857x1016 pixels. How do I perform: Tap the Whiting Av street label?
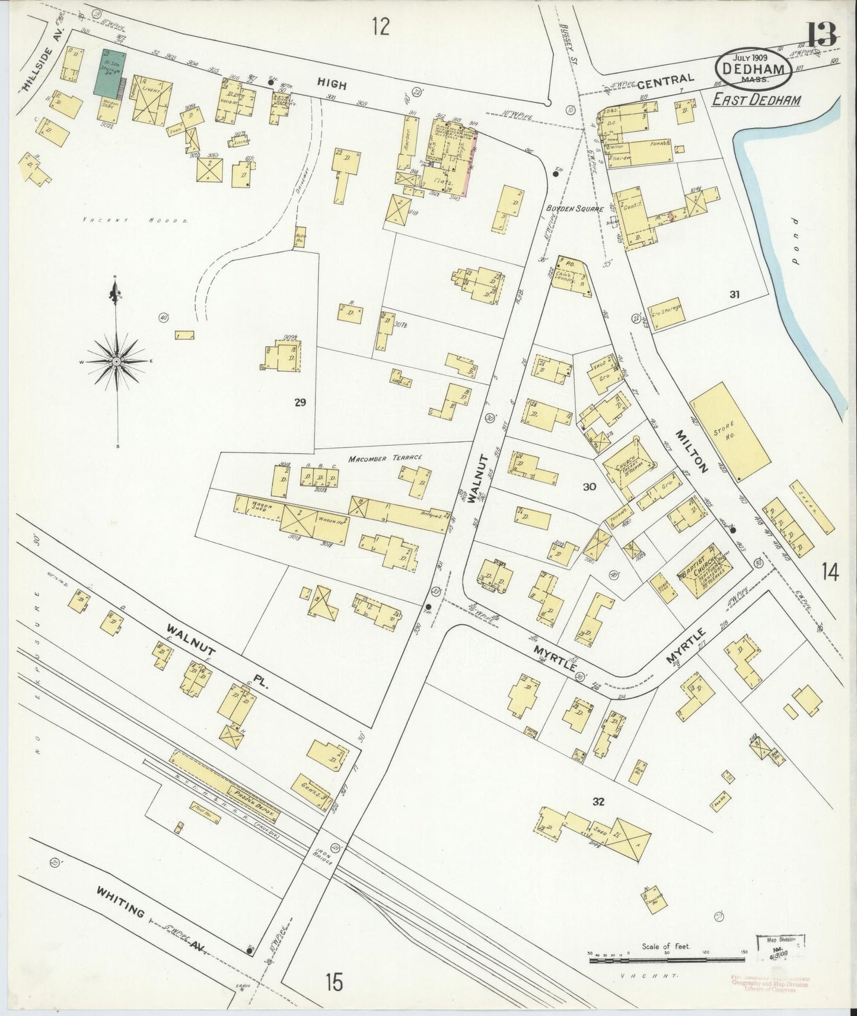click(152, 929)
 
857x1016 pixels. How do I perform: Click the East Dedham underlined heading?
click(756, 100)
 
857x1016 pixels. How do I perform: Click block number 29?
click(300, 402)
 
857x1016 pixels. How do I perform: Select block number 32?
click(597, 802)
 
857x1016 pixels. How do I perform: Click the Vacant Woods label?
click(135, 220)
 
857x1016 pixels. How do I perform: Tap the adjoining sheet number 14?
click(830, 572)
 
